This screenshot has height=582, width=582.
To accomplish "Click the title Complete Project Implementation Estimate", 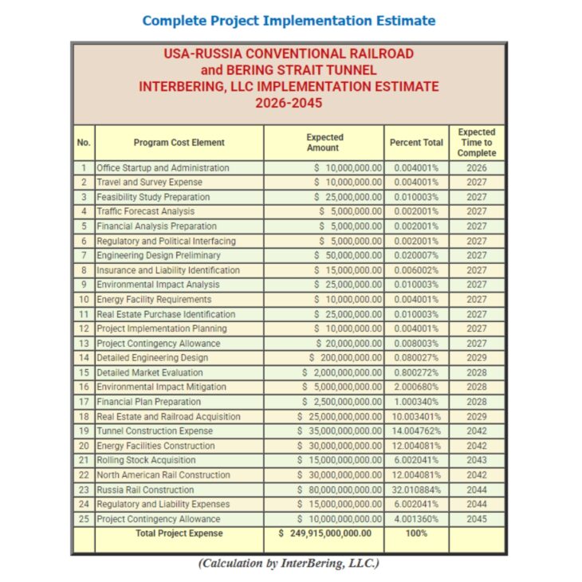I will [x=289, y=21].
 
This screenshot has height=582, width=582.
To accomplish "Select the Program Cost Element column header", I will [x=179, y=143].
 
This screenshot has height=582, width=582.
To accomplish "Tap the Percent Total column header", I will [x=415, y=143].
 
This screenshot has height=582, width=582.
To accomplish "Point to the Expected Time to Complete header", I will [x=476, y=143].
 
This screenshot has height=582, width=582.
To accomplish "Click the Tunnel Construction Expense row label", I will [x=155, y=431].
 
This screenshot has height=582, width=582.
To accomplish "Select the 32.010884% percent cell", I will [x=415, y=490].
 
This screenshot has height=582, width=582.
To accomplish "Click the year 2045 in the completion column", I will [x=476, y=519].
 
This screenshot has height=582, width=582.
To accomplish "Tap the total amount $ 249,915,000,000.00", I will [x=324, y=533].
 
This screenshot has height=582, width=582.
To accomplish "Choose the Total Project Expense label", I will [x=179, y=533].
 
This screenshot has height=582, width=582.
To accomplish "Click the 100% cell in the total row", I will [x=415, y=533].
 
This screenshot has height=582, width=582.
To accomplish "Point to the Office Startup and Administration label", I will [x=163, y=168].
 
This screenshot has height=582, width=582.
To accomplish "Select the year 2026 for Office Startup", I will [x=476, y=168].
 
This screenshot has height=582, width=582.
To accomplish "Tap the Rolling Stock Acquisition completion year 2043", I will [x=476, y=461].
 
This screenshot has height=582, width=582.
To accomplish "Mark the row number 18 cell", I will [x=84, y=417].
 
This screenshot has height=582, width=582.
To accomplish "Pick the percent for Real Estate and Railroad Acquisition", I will [x=415, y=417].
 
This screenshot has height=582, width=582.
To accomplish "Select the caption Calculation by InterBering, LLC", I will [x=289, y=564].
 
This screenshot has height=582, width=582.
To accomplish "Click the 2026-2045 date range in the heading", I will [x=289, y=103].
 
